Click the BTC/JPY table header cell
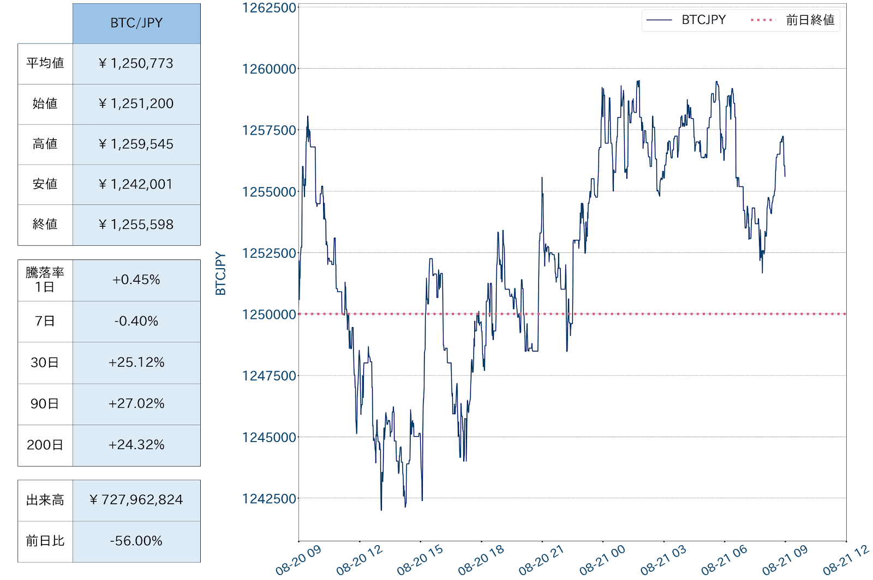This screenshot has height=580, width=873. [136, 23]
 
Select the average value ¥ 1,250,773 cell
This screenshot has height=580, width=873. [136, 63]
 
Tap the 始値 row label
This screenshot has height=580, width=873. [45, 104]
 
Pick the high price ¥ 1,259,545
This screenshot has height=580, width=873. [136, 144]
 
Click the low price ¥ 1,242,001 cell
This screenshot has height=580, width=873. [136, 184]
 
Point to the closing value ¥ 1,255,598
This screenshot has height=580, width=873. [136, 225]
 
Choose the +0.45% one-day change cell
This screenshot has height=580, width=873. [136, 280]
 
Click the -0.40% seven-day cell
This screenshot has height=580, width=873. [136, 321]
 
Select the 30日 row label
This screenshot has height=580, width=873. [45, 362]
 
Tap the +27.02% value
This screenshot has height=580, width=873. [136, 403]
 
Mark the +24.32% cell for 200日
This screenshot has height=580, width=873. [136, 445]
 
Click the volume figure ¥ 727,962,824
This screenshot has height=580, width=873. [136, 500]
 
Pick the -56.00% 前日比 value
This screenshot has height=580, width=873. [136, 541]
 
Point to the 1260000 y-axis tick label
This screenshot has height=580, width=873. [269, 69]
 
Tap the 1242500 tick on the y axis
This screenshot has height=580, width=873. [269, 499]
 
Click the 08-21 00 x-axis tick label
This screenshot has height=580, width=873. [602, 560]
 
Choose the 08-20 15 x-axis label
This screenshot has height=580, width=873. [420, 560]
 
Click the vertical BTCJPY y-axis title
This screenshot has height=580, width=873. [220, 274]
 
